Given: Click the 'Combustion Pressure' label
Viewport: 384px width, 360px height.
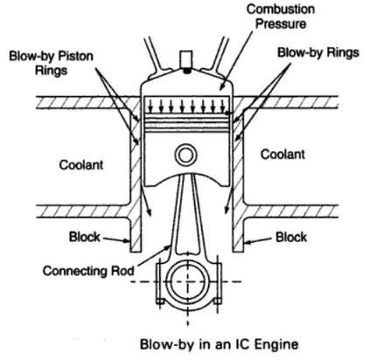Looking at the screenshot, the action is (x=281, y=17).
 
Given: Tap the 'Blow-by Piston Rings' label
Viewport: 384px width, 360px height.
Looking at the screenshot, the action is (x=51, y=63).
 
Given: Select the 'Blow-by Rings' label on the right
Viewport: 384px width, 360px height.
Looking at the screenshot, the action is (x=318, y=52).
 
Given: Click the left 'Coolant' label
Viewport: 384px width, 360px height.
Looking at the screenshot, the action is (x=81, y=165).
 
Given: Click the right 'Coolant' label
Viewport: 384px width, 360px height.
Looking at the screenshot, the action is (x=283, y=154).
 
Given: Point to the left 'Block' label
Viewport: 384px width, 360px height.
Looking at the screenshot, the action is (x=85, y=237).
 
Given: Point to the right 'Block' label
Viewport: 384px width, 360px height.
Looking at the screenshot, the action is (x=291, y=237).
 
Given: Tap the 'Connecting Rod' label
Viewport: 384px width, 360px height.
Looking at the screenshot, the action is (x=88, y=271).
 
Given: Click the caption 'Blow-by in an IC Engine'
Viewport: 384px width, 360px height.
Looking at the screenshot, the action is (x=220, y=344).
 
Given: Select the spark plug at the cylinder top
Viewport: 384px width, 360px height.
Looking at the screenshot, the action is (x=185, y=61).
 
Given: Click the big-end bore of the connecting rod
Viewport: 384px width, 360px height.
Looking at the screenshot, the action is (x=188, y=282).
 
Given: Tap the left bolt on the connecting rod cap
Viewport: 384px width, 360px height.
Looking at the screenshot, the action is (x=160, y=282).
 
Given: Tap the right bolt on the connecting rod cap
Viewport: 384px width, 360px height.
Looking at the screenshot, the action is (x=218, y=282).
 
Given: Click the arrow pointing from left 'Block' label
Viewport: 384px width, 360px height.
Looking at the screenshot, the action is (x=116, y=239).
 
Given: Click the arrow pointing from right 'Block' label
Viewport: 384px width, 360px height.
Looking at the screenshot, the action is (x=258, y=240).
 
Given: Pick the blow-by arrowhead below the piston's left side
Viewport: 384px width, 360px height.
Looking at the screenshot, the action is (x=149, y=211).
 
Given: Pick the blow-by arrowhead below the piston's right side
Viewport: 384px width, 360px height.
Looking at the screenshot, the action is (x=227, y=210).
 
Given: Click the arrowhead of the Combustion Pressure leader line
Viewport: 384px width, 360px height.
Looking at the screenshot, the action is (x=221, y=87).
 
